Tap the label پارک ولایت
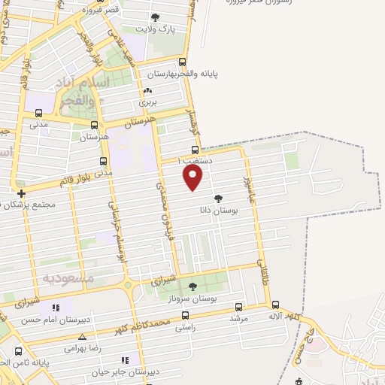(154, 29)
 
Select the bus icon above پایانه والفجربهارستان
(183, 63)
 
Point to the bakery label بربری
(147, 102)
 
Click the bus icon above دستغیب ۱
(195, 149)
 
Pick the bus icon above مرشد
(238, 307)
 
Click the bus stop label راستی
(184, 328)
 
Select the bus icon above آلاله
(275, 305)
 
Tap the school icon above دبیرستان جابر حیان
(125, 360)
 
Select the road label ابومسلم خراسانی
(115, 228)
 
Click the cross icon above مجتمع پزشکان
(21, 193)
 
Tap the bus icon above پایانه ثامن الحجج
(18, 350)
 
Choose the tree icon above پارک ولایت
(155, 17)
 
